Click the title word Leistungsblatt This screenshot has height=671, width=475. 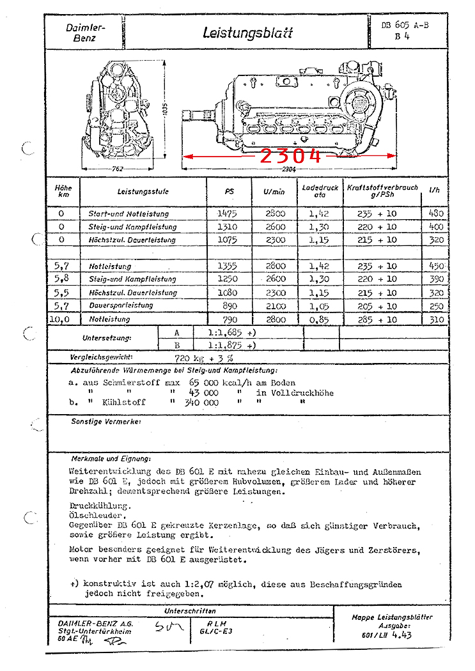click(247, 33)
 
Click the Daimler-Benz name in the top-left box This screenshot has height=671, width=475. click(84, 33)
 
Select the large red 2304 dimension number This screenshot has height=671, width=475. click(290, 155)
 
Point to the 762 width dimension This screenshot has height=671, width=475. click(118, 169)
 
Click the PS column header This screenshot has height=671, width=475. click(230, 191)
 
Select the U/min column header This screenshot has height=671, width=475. click(274, 191)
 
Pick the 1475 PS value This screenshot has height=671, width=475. click(227, 213)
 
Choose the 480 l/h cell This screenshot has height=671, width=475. click(437, 213)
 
